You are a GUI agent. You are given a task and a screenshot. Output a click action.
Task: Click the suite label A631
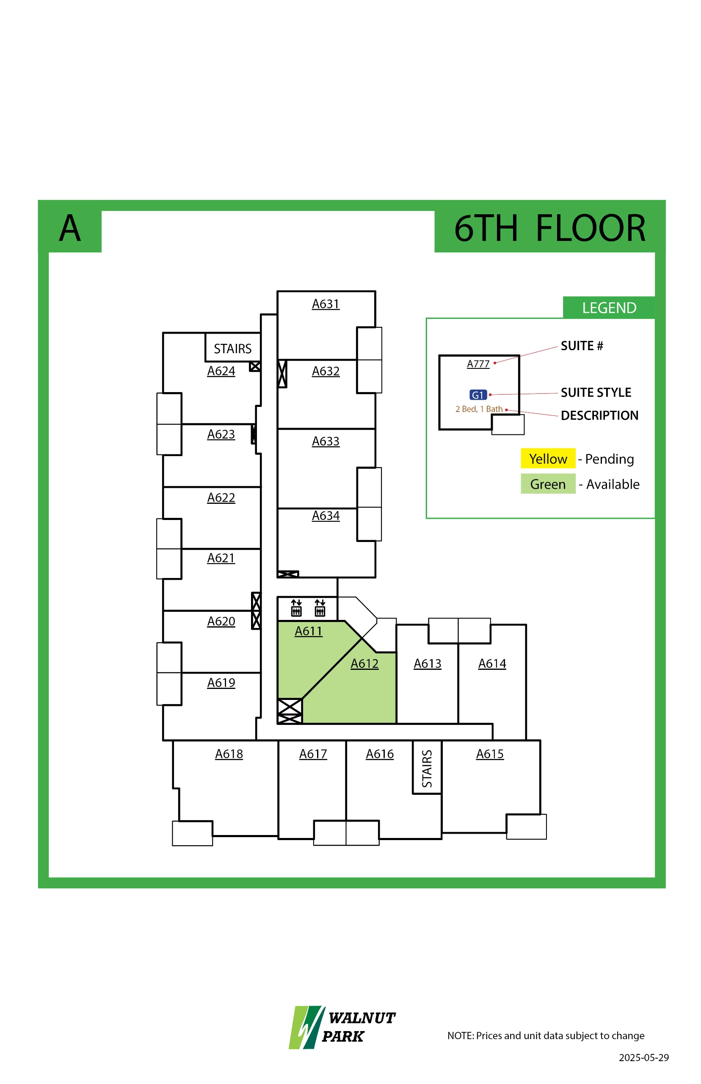[326, 304]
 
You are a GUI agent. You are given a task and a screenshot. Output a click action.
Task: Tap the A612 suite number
[364, 664]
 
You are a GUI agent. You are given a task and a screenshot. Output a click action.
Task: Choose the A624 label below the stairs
[221, 371]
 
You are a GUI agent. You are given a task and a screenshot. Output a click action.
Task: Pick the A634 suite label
[326, 515]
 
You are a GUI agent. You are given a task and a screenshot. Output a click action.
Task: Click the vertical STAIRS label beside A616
[427, 769]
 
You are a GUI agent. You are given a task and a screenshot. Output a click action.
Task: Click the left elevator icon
[296, 608]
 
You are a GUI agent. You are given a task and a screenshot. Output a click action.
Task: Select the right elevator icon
[320, 608]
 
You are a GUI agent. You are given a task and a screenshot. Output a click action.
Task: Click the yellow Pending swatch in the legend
[548, 459]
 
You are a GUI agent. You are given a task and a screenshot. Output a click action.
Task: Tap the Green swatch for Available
[548, 484]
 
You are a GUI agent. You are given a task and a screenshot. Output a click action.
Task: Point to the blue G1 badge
[477, 395]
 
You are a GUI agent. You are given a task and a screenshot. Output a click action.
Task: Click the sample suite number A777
[478, 363]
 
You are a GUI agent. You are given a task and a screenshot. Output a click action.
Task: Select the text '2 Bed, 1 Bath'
[479, 409]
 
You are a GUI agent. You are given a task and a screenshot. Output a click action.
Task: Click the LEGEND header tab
[609, 308]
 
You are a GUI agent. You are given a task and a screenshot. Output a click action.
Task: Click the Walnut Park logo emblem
[306, 1027]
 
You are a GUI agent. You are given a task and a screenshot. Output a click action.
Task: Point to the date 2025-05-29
[643, 1057]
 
